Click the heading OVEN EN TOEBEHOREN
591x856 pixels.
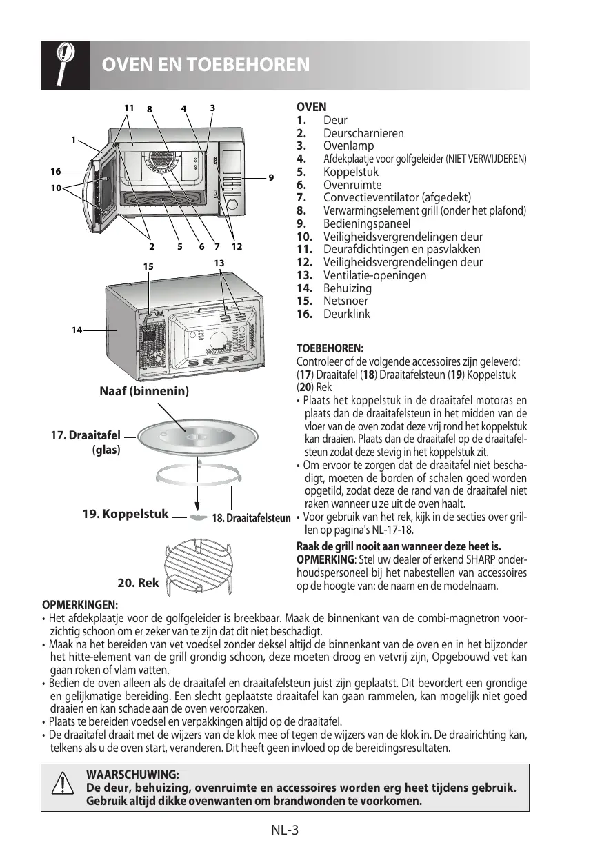coord(205,66)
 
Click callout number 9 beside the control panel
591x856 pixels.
coord(271,177)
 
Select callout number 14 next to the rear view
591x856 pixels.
coord(76,330)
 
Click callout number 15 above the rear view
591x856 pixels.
coord(148,266)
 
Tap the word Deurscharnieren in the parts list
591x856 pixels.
coord(363,133)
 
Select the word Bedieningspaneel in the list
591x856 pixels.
coord(366,223)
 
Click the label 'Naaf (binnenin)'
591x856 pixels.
coord(145,391)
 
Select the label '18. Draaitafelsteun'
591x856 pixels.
coord(251,517)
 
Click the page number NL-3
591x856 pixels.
coord(284,830)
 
